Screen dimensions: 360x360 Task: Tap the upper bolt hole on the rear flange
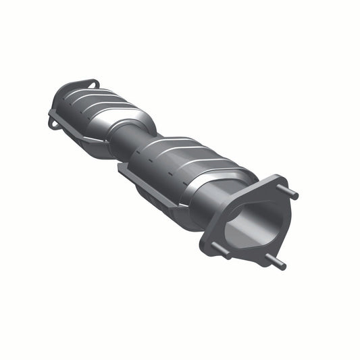click(92, 84)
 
